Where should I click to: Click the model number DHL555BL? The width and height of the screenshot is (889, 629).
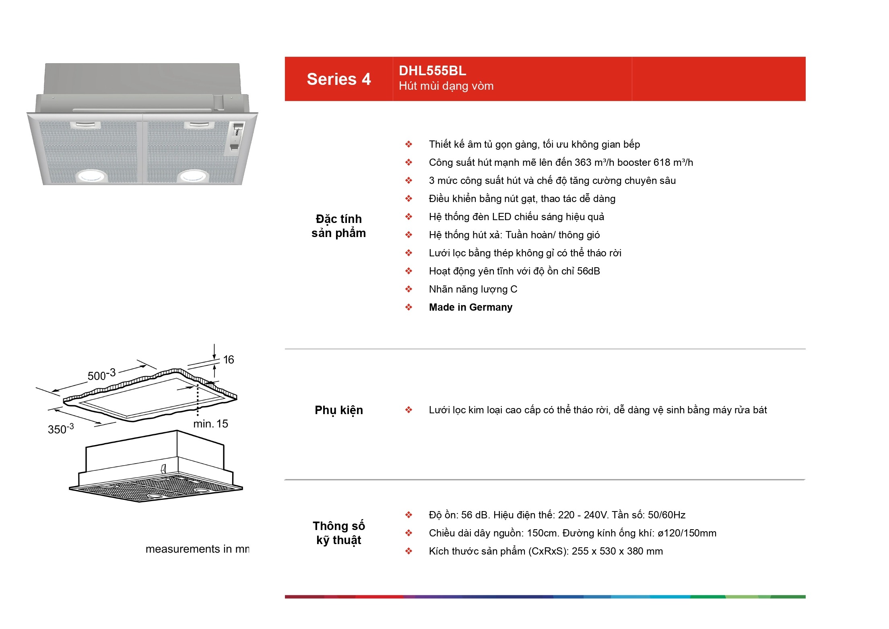click(433, 71)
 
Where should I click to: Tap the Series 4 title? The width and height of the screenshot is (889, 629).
click(339, 79)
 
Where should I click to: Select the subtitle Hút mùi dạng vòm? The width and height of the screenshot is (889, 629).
click(446, 86)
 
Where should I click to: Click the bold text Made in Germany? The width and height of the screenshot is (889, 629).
click(470, 307)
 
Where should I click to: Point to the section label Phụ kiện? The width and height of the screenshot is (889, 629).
click(339, 410)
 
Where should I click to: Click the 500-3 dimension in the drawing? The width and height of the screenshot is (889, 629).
click(102, 375)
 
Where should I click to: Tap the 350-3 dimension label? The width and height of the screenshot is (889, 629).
click(61, 429)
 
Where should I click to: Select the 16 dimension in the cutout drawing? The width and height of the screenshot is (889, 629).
click(229, 360)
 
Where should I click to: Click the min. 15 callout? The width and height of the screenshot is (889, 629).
click(210, 424)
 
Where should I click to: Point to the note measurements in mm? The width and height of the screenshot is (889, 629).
click(197, 549)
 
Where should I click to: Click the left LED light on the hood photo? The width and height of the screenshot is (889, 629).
click(91, 176)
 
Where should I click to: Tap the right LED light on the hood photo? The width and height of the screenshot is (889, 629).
click(193, 176)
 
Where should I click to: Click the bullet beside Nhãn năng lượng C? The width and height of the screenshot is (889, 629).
click(409, 289)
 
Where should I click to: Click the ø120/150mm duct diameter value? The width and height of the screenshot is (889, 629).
click(687, 533)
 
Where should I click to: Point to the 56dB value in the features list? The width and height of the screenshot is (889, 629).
click(588, 271)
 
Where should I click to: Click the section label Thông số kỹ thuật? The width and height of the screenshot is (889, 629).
click(339, 533)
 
